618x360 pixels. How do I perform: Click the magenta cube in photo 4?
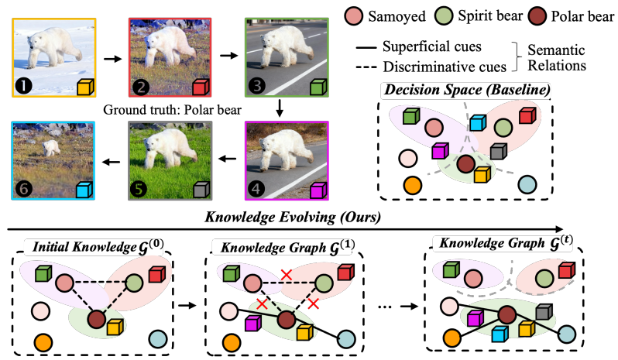[318, 188]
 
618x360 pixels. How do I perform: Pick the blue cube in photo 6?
[84, 188]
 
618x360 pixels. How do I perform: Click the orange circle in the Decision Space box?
[412, 186]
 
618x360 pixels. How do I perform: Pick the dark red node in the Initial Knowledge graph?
[96, 317]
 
